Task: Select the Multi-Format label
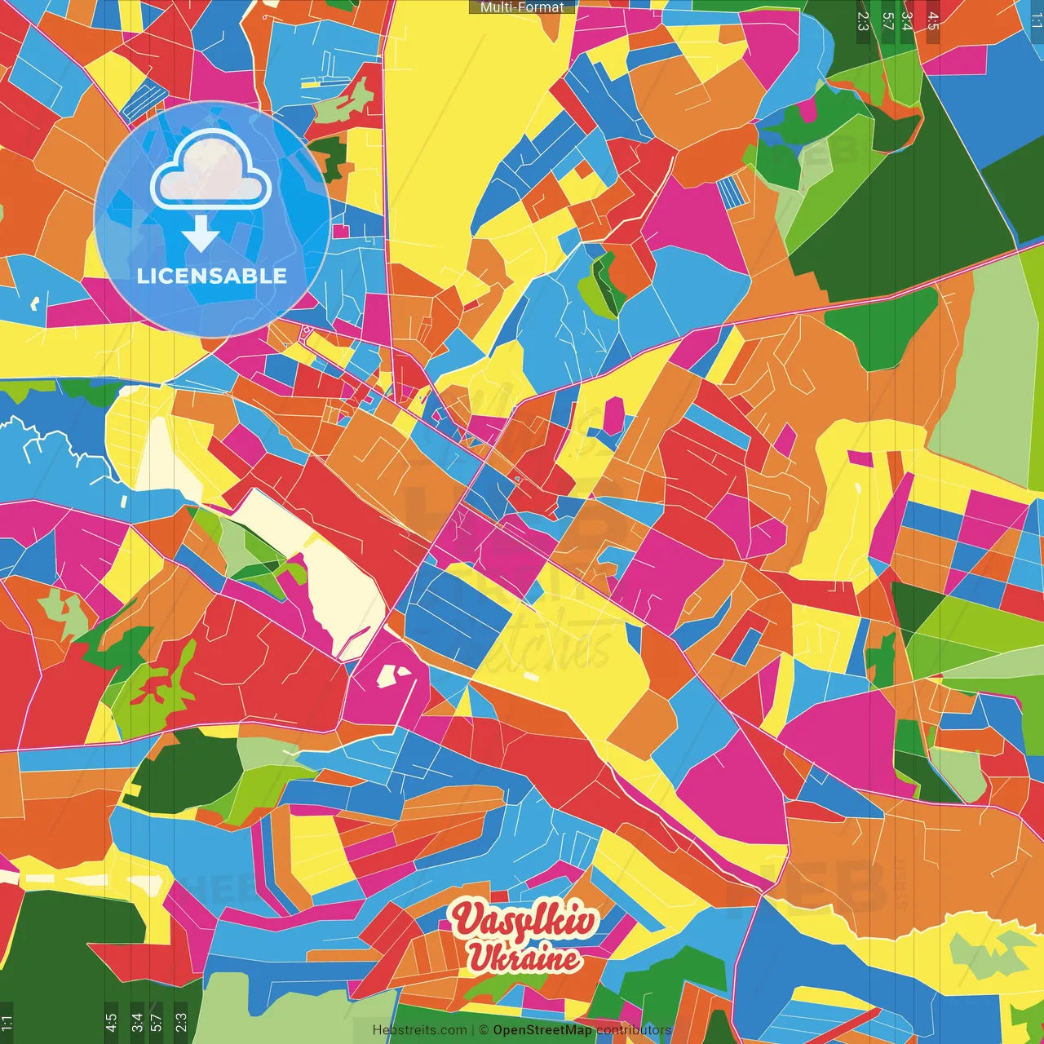tap(522, 7)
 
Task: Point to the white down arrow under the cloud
tap(201, 233)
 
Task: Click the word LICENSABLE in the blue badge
tap(212, 276)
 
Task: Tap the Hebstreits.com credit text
tap(419, 1030)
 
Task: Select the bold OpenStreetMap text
tap(542, 1030)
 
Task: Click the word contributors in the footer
tap(634, 1030)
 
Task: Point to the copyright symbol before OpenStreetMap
tap(484, 1030)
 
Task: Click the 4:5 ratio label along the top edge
tap(933, 21)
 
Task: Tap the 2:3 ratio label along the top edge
tap(863, 21)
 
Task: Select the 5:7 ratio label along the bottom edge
tap(157, 1022)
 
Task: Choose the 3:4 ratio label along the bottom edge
tap(137, 1022)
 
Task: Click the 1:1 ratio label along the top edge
tap(1036, 21)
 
